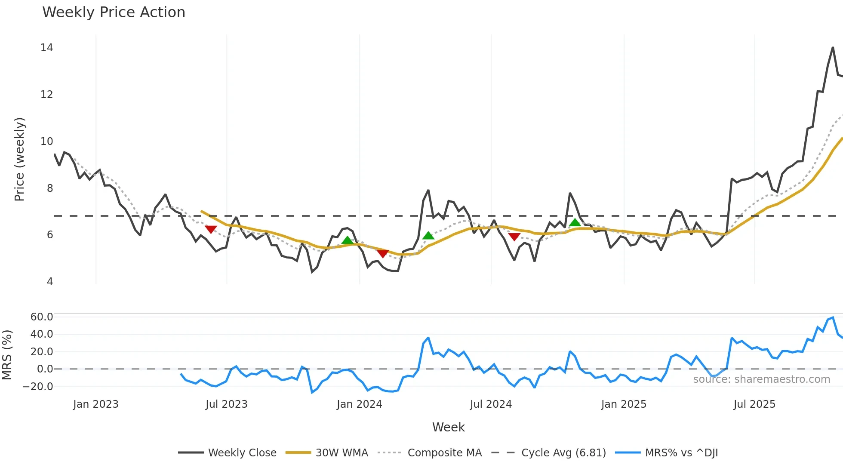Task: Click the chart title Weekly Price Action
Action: coord(114,12)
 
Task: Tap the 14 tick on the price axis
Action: coord(47,48)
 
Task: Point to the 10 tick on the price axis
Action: coord(47,142)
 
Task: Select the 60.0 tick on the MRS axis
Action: coord(42,317)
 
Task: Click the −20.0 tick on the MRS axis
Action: coord(38,387)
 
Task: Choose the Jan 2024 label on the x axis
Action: coord(359,404)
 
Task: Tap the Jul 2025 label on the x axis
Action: coord(754,404)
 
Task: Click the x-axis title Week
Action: coord(448,427)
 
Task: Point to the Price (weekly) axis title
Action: coord(19,159)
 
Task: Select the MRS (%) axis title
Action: coord(7,355)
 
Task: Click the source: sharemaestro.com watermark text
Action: coord(761,379)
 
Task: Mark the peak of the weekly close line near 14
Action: coord(833,47)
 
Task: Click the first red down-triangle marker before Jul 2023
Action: coord(211,229)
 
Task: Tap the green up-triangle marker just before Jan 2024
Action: coord(347,240)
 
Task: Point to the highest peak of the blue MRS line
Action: coord(833,317)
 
